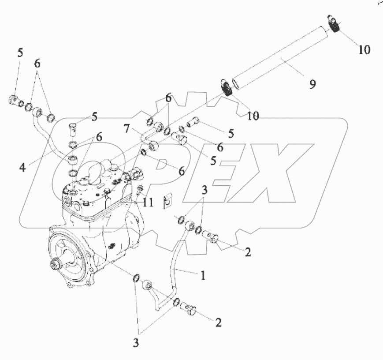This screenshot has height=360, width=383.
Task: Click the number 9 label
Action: [312, 84]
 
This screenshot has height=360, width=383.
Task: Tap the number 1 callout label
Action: [203, 276]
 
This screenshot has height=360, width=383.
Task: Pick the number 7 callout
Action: [127, 128]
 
